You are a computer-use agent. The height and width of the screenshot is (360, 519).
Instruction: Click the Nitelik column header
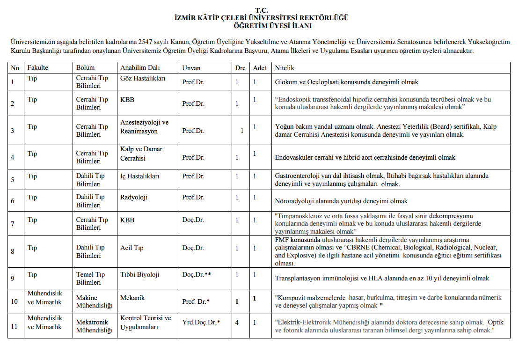[285, 68]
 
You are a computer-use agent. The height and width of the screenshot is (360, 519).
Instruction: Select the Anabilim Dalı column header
[136, 68]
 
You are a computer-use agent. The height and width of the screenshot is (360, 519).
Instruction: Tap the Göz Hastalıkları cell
[143, 79]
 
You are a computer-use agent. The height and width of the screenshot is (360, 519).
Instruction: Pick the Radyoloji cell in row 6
[134, 197]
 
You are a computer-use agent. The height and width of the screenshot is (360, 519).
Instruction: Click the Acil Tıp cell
[132, 248]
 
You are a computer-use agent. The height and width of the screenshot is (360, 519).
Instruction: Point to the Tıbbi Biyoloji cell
[140, 274]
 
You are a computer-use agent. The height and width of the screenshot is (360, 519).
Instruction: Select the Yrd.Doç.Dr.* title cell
[201, 322]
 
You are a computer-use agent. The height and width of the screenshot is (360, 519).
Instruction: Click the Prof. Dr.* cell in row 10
[196, 301]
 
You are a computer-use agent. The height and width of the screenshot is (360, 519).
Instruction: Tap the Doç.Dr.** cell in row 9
[197, 274]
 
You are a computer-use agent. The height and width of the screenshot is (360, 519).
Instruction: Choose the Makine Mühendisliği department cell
[95, 301]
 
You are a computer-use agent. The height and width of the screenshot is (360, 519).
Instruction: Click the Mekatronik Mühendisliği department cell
[95, 326]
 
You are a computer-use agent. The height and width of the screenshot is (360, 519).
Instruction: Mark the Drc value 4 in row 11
[237, 322]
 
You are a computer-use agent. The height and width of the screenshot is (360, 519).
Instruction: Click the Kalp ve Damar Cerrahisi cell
[141, 154]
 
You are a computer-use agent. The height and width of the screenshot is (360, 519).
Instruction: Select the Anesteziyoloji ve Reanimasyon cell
[144, 127]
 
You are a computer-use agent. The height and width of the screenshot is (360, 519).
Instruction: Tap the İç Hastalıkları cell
[140, 176]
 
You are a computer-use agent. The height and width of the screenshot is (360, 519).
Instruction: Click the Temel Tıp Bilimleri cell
[90, 279]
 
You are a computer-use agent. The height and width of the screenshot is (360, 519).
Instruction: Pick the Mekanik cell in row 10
[132, 297]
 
